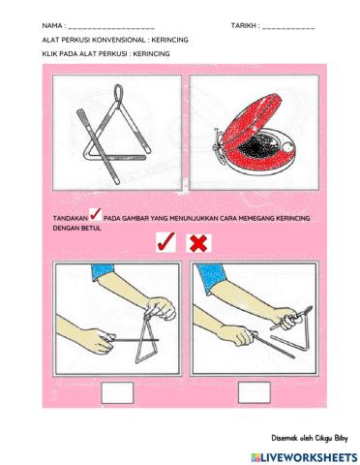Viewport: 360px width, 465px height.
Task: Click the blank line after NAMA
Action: coord(111,28)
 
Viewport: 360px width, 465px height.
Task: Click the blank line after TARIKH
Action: coord(288,28)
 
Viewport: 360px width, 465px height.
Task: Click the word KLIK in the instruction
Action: coord(48,54)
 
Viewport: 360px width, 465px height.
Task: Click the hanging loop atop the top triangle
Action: coord(118,94)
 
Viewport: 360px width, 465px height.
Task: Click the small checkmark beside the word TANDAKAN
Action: coord(96,215)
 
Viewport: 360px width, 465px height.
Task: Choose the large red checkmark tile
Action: coord(165,242)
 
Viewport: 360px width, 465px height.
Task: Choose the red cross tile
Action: coord(198,243)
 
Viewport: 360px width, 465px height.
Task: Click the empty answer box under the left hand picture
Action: coord(117,392)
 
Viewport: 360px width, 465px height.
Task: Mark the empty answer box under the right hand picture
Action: coord(255,392)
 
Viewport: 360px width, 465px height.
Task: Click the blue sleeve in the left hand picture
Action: coord(102,272)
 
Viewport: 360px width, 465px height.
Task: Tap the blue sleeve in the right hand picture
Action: coord(210,278)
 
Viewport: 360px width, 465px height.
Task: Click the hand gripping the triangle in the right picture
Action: coord(285,319)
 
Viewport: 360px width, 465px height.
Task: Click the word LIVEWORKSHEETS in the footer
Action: coord(309,457)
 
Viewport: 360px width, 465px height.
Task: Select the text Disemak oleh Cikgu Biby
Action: coord(310,439)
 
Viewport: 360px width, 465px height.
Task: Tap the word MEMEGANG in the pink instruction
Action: coord(261,218)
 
